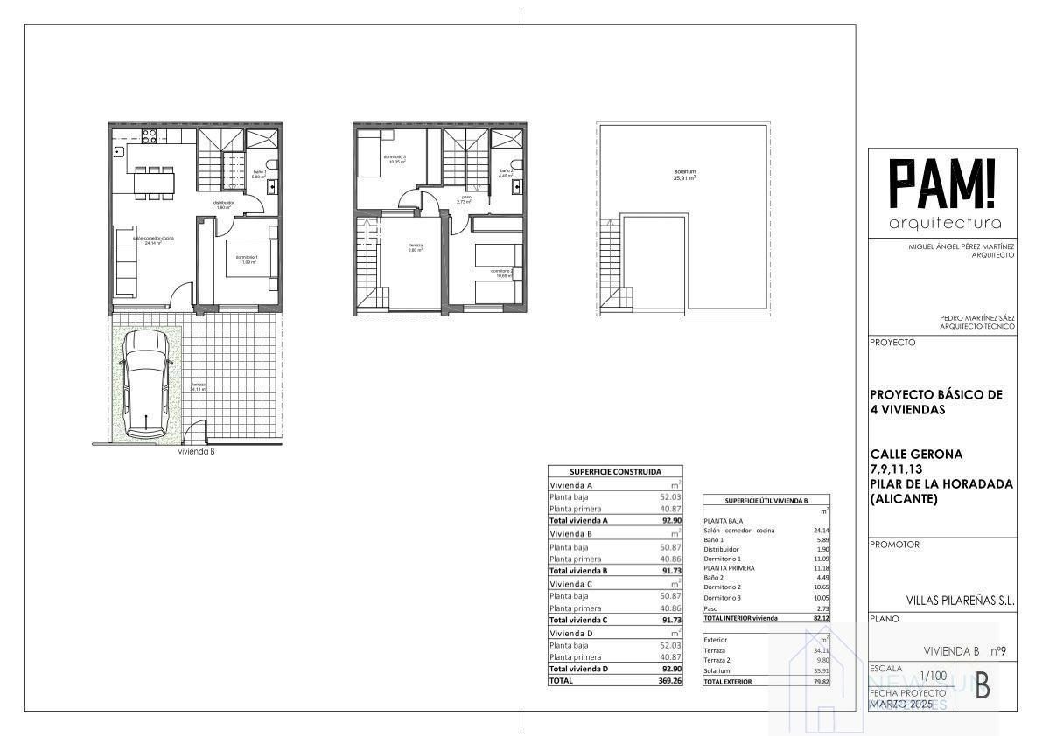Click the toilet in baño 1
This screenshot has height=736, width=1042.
[x=272, y=167]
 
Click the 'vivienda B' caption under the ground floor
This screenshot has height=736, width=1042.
[x=196, y=453]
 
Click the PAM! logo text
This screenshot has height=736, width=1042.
[x=942, y=185]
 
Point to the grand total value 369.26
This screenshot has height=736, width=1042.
[x=668, y=680]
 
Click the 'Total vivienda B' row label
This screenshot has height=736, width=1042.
[x=578, y=570]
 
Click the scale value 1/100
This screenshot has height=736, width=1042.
[x=933, y=676]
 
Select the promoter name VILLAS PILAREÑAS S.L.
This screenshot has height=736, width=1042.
[x=960, y=601]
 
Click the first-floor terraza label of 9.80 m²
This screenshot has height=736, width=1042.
[x=415, y=247]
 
